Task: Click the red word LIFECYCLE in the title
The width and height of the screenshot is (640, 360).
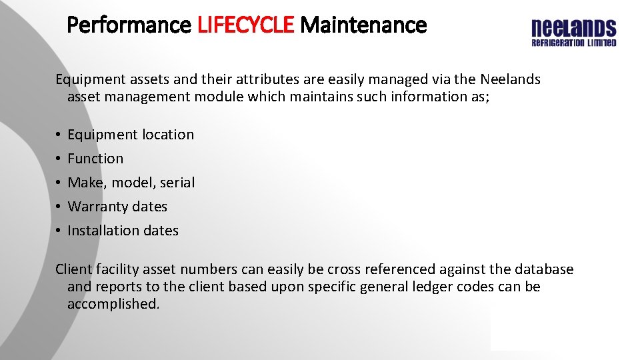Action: (x=245, y=25)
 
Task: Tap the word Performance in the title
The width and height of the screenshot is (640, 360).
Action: (x=129, y=25)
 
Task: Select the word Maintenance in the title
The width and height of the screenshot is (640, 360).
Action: (x=363, y=25)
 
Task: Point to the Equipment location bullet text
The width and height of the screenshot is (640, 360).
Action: (x=131, y=135)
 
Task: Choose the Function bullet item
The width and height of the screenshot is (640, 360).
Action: (x=95, y=159)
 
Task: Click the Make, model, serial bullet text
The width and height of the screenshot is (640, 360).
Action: (x=131, y=183)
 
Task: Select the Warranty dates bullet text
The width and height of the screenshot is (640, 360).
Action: (x=117, y=207)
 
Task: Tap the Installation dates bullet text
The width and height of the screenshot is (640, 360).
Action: (x=123, y=231)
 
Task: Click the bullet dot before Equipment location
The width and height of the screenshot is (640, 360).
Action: (x=59, y=135)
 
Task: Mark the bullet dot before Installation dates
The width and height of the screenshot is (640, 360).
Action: (x=59, y=231)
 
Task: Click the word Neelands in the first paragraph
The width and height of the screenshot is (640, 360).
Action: (x=509, y=80)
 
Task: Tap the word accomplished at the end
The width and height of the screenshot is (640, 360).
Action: (x=113, y=304)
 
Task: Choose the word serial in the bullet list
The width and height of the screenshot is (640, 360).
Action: (x=177, y=183)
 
